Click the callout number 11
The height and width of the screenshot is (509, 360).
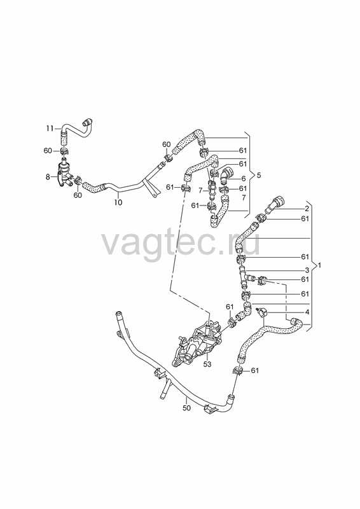click(x=50, y=129)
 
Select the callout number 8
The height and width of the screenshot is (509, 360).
click(x=48, y=177)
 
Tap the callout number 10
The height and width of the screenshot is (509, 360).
click(x=118, y=202)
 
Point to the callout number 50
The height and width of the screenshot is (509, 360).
click(x=186, y=408)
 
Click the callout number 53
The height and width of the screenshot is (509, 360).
click(x=207, y=364)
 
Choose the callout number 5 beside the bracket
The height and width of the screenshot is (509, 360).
click(x=259, y=176)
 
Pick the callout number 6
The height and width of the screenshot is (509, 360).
click(x=244, y=178)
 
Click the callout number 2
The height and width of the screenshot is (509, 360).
click(x=307, y=209)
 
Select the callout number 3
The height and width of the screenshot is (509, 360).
click(x=307, y=270)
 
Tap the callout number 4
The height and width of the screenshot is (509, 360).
click(x=307, y=312)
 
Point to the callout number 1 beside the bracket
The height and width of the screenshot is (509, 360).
click(x=319, y=265)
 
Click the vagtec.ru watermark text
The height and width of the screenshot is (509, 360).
click(x=181, y=242)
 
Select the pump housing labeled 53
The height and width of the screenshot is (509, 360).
click(x=196, y=345)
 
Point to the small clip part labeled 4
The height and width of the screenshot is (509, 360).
click(x=261, y=312)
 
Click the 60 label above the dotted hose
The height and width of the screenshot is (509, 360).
click(x=166, y=144)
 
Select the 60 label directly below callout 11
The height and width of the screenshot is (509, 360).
click(x=48, y=151)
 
